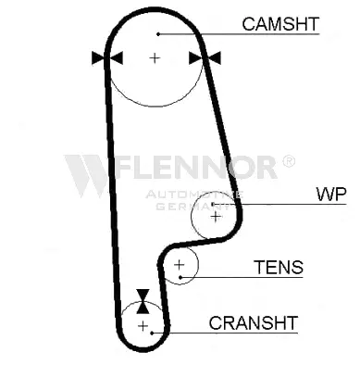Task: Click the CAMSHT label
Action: click(280, 22)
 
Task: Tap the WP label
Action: click(329, 195)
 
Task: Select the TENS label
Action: click(278, 268)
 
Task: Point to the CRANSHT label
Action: click(253, 322)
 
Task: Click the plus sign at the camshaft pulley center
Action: click(155, 58)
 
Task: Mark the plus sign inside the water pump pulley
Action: click(216, 216)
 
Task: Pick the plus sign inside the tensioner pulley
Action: click(180, 267)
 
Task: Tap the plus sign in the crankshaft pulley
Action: click(143, 326)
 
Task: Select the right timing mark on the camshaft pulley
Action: click(205, 58)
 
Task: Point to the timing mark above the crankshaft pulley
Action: click(143, 300)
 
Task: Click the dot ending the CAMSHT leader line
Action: click(158, 34)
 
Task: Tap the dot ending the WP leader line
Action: click(213, 205)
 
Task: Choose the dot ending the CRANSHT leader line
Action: click(163, 332)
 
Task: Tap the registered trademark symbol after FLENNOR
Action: click(288, 161)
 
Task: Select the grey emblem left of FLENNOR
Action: click(88, 173)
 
